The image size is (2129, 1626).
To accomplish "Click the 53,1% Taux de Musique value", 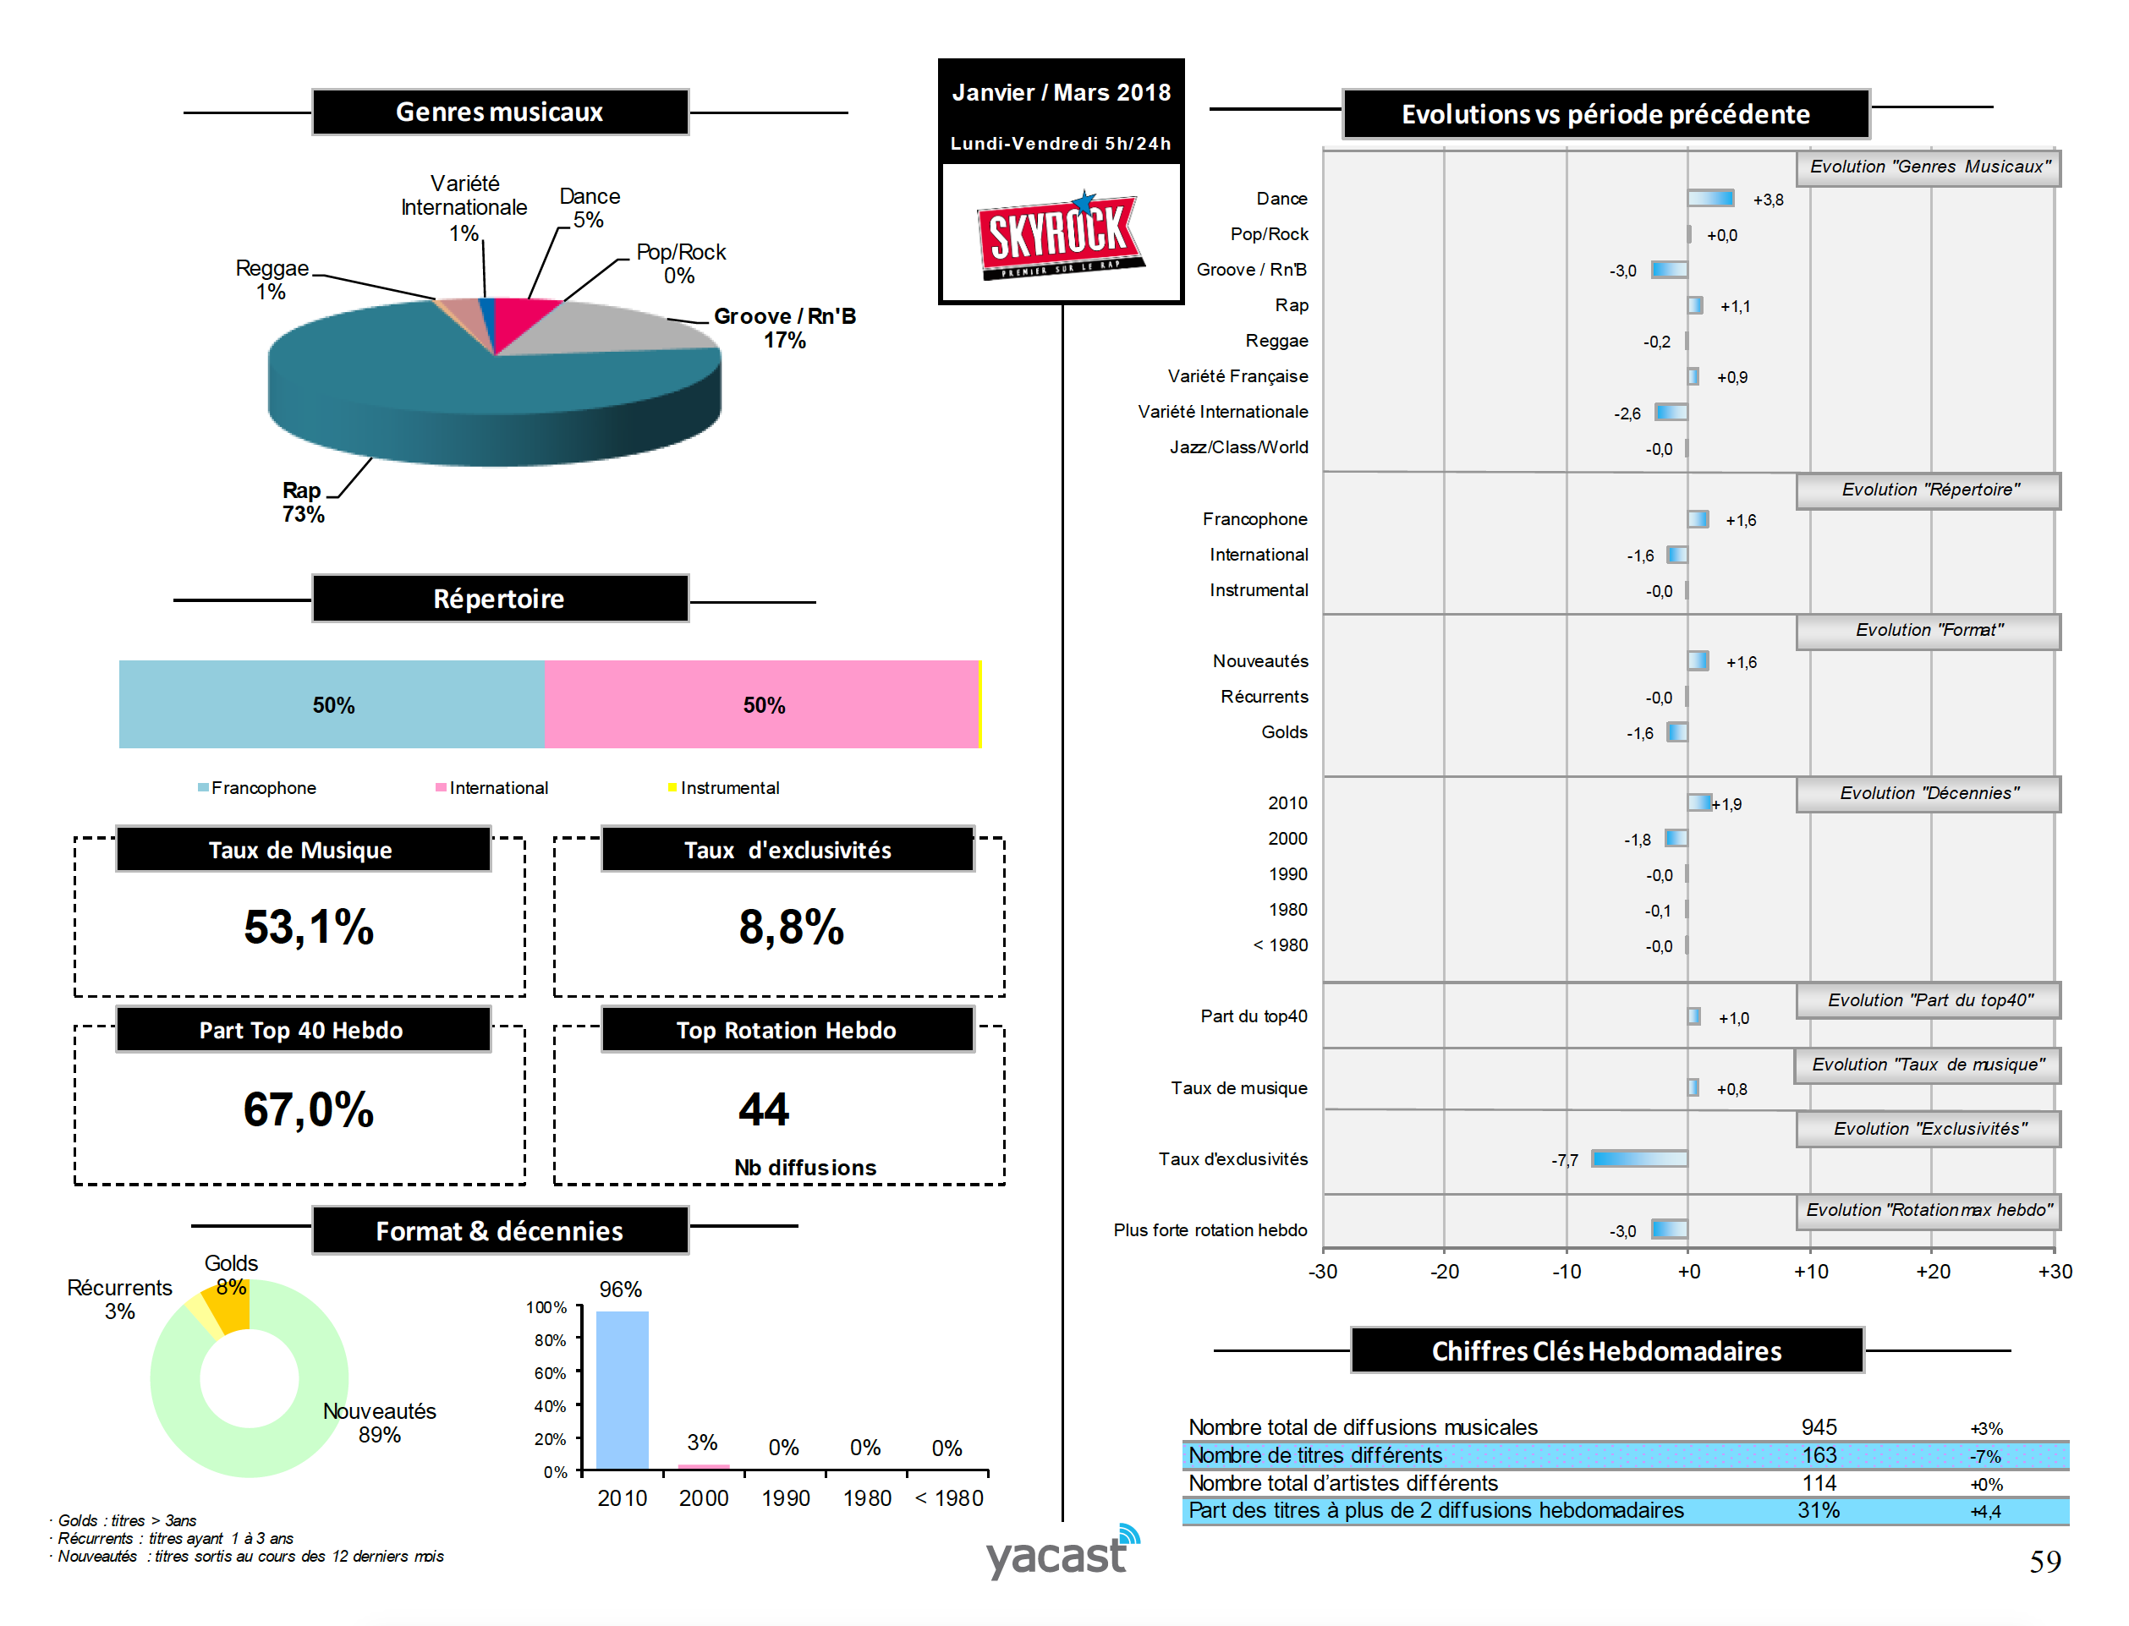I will click(308, 928).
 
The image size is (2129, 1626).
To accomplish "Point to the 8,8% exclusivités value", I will click(790, 928).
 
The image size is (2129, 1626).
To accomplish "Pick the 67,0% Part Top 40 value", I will click(308, 1109).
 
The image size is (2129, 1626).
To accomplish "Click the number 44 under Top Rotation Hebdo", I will click(763, 1109).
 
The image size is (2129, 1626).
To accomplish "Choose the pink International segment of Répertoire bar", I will click(762, 704).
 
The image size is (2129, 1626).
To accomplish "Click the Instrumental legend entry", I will click(728, 788).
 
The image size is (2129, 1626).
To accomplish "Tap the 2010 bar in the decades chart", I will click(622, 1390).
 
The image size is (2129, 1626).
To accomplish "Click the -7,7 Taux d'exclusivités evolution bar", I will click(1639, 1158).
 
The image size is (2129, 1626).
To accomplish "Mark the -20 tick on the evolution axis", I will click(1444, 1272).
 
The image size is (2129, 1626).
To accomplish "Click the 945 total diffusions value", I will click(1819, 1427).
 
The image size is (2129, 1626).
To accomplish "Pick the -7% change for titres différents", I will click(1984, 1457).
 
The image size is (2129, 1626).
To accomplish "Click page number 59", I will click(2044, 1561).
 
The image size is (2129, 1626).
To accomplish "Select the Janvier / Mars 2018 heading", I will click(1061, 93).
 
